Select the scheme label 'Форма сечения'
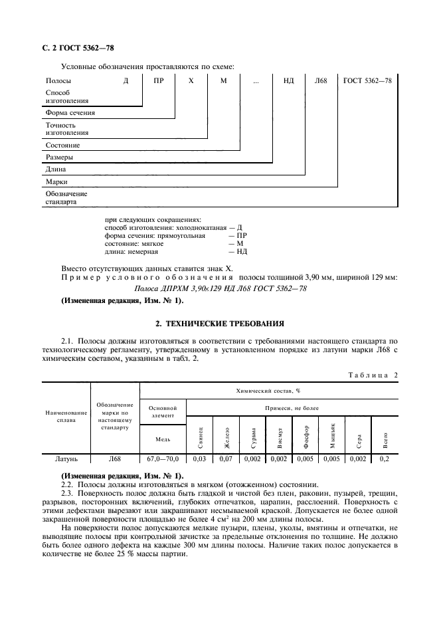coord(70,112)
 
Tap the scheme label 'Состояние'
coord(62,145)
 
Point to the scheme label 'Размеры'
coord(59,157)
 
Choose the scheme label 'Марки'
coord(56,181)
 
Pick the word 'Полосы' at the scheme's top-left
coord(58,80)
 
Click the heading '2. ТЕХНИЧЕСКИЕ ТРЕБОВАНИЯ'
coord(219,324)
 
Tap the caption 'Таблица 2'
coord(373,375)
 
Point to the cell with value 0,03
coord(199,459)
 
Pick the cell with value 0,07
coord(225,459)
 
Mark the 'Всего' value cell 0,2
coord(383,459)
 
